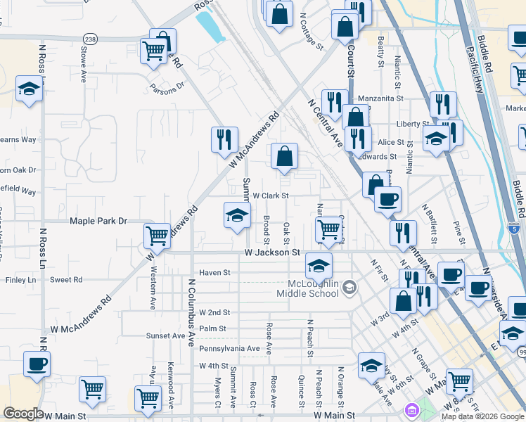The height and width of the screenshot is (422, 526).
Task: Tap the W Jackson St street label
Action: [x=272, y=252]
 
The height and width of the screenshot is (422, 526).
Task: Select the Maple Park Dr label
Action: [x=98, y=221]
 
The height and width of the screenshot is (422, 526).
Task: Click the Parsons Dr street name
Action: [x=167, y=88]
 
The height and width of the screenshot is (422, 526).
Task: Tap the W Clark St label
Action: [x=271, y=196]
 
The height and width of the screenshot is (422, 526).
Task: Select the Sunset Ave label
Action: [x=165, y=336]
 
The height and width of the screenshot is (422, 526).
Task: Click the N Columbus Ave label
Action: [x=191, y=312]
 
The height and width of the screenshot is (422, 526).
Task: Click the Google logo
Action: [x=23, y=414]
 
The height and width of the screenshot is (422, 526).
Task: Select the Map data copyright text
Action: [x=482, y=416]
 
